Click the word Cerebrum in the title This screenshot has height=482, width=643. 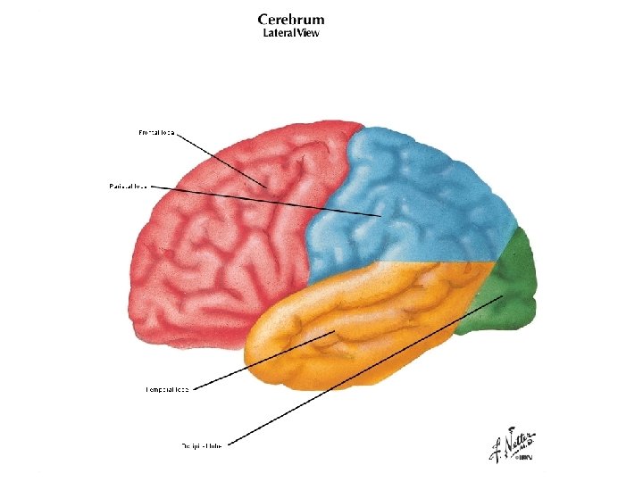[x=291, y=19]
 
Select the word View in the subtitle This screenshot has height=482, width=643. [x=305, y=33]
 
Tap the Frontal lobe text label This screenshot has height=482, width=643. [x=155, y=133]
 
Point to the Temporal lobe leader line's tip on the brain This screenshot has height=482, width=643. [x=335, y=333]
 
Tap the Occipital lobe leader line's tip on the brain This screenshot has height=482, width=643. [x=503, y=295]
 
